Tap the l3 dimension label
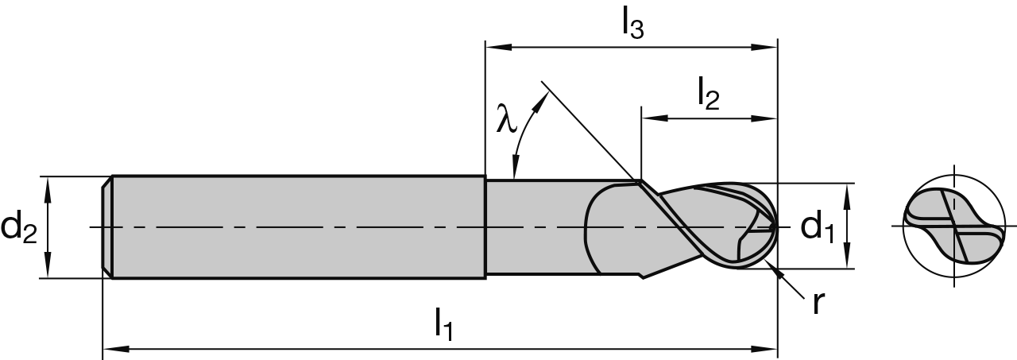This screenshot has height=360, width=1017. coord(632,25)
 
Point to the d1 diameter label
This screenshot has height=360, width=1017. coord(818,227)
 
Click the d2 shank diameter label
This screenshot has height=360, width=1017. coord(20,227)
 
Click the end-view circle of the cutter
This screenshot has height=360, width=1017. coord(953,226)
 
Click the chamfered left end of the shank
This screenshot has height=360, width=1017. coord(106,226)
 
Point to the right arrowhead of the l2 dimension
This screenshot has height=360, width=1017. coord(768,119)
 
